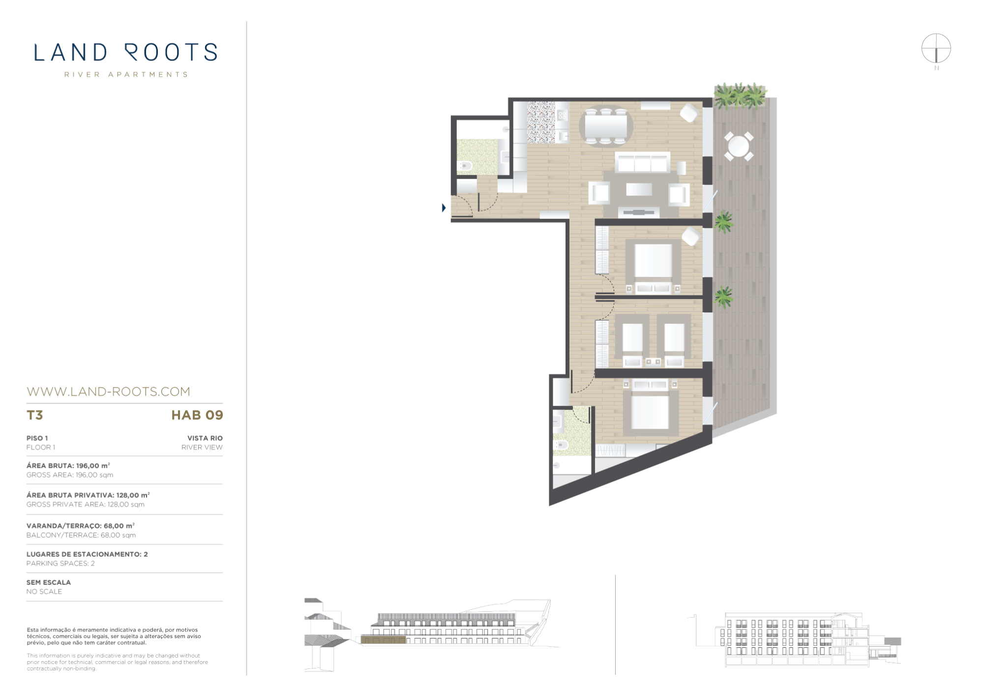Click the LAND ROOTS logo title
tap(125, 52)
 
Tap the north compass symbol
tap(936, 49)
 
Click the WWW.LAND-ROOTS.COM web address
tap(108, 392)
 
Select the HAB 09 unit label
tap(197, 415)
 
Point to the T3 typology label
tap(34, 415)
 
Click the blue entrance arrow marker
tap(444, 208)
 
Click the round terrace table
tap(739, 146)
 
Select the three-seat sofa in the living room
tap(642, 162)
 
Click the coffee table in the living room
tap(639, 189)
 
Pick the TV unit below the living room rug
tap(639, 212)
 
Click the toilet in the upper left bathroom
tap(465, 166)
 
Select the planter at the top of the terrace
tap(740, 96)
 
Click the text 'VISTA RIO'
tap(205, 438)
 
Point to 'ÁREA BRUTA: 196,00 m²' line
tap(68, 465)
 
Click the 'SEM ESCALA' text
tap(49, 582)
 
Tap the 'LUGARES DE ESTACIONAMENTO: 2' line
tap(87, 554)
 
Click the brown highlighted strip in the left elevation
tap(383, 639)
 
